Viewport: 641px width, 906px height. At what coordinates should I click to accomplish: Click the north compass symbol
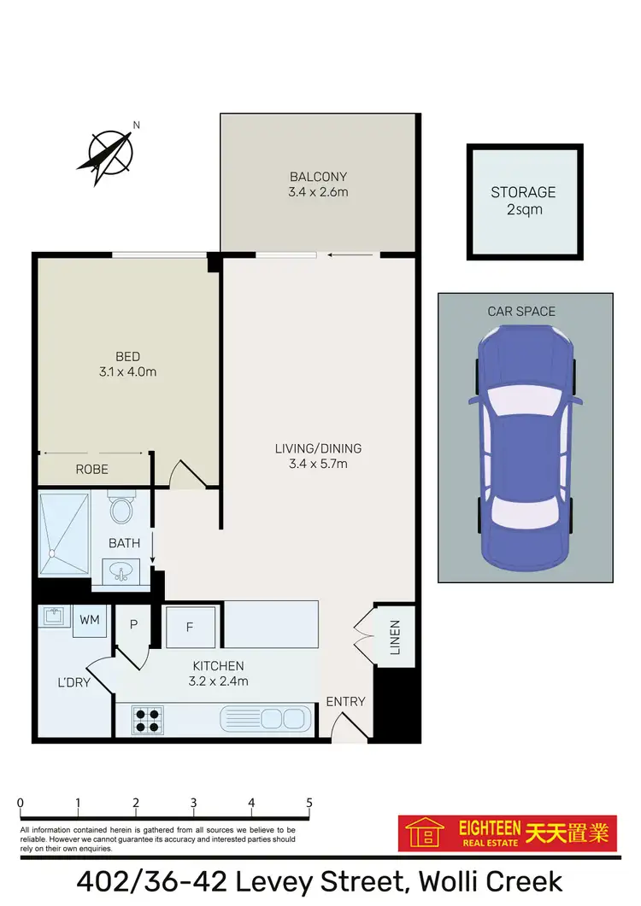[x=109, y=154]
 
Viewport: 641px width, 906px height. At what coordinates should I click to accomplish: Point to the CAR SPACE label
[x=521, y=312]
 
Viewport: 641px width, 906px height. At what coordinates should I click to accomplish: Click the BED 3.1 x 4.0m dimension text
[x=128, y=371]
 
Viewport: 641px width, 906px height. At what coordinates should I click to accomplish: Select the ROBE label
[x=91, y=470]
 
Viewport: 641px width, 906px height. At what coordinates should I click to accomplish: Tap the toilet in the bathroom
[x=121, y=510]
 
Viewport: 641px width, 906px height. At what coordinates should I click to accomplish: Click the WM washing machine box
[x=89, y=620]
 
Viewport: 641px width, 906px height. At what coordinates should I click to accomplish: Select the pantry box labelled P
[x=133, y=625]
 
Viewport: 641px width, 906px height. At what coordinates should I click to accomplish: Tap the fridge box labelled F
[x=190, y=627]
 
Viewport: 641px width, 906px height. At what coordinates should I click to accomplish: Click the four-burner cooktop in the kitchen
[x=148, y=719]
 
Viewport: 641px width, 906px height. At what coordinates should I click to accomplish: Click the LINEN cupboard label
[x=394, y=637]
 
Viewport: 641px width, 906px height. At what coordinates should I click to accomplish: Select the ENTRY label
[x=345, y=702]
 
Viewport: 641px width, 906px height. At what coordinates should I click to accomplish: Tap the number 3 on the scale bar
[x=194, y=804]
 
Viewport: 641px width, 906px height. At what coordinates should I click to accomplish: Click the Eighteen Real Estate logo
[x=508, y=833]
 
